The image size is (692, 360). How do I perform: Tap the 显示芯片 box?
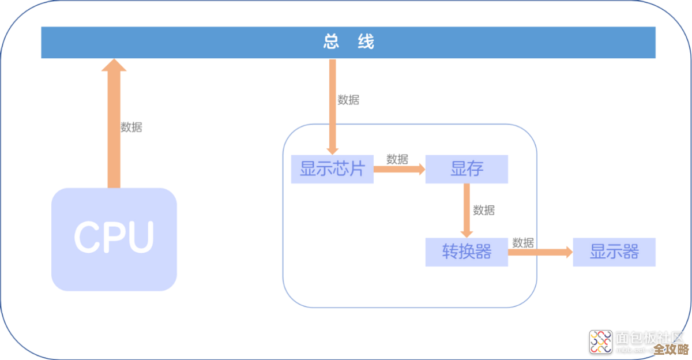coord(332,169)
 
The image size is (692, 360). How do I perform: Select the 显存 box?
coord(467,169)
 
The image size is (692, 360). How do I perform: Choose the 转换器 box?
coord(467,252)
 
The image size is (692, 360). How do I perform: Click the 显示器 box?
coord(614,252)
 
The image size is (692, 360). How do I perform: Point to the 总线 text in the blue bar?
coord(348,42)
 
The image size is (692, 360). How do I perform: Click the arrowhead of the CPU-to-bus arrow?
coord(114,65)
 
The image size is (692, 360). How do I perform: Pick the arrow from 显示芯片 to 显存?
coord(398,169)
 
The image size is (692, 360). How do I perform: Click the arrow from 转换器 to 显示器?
coord(540,252)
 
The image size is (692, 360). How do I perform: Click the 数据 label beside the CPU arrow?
coord(131,127)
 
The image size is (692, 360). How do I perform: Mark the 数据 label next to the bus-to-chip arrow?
coord(348,99)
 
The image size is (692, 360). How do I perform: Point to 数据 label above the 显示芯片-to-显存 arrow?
coord(397,159)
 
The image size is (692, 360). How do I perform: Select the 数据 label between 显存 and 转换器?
coord(483,210)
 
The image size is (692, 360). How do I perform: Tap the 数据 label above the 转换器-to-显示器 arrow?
coord(523,242)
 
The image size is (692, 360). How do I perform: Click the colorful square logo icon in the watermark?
coord(600,342)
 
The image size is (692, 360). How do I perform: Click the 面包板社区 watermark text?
coord(649,337)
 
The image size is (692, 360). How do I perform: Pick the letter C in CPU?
coord(86,237)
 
